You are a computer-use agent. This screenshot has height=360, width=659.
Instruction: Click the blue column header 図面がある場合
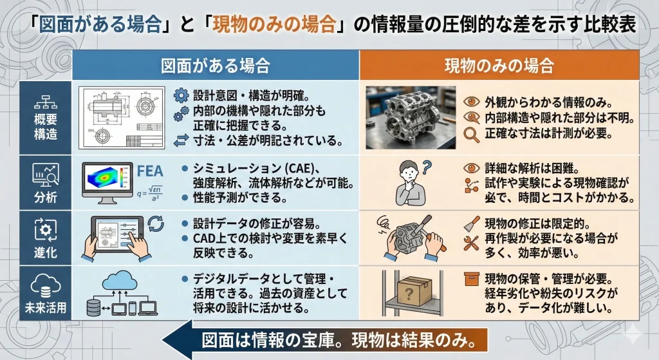coord(215,66)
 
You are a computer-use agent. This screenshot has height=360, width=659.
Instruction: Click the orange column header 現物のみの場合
coord(499,66)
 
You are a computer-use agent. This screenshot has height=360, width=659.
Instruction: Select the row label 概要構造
coord(46,127)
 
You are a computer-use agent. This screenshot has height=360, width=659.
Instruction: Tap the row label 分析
coord(46,197)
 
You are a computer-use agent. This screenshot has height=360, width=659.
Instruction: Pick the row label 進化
coord(46,252)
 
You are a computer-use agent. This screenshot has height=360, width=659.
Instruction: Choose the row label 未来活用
coord(46,307)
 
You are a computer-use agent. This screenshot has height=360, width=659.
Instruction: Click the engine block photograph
coord(411,118)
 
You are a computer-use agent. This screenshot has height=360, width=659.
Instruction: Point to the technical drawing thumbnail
coord(122,118)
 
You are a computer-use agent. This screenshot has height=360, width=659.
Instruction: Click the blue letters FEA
coord(150,171)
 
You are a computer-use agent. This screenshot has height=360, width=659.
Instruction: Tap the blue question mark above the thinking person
coord(426,167)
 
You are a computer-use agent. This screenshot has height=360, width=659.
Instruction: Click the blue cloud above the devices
coord(120,280)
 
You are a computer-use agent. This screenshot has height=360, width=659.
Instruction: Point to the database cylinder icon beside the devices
coord(93,308)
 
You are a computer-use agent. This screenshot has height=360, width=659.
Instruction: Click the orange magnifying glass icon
coord(471,135)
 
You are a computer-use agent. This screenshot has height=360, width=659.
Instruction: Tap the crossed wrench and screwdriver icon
coord(471,243)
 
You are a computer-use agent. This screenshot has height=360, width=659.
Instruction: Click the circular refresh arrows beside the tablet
coord(156,223)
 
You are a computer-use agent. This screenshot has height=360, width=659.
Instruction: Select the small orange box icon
coord(472,279)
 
